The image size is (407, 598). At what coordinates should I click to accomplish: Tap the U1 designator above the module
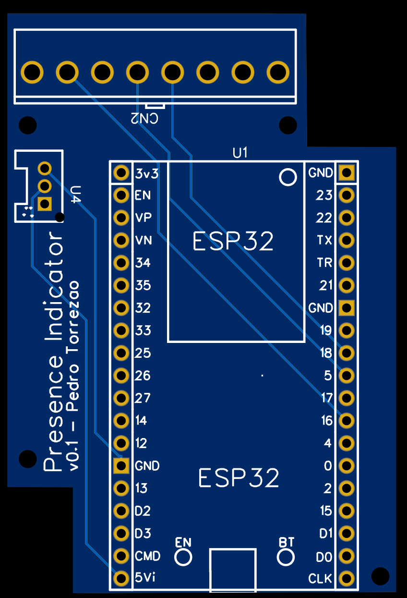[240, 153]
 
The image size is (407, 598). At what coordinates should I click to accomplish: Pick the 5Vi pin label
[145, 578]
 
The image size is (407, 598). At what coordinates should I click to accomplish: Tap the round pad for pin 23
[346, 195]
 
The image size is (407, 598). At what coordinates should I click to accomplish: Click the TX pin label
[324, 240]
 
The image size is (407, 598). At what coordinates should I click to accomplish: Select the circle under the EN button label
[183, 557]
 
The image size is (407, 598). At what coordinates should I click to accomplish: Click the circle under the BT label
[286, 557]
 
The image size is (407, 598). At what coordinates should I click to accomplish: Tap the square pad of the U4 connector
[45, 204]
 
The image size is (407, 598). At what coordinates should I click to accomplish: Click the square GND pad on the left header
[121, 465]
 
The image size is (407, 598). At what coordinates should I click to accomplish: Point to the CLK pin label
[320, 579]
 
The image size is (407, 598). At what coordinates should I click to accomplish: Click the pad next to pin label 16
[346, 420]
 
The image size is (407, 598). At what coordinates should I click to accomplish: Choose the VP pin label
[144, 218]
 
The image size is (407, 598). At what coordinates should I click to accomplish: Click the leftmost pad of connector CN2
[32, 73]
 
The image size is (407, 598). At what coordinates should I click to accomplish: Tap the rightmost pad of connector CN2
[277, 73]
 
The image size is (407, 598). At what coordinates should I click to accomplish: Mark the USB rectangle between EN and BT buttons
[233, 570]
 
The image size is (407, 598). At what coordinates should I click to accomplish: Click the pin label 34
[143, 263]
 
